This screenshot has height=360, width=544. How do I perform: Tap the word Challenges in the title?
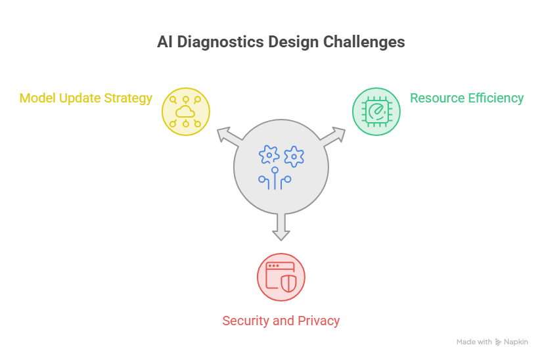coord(364,42)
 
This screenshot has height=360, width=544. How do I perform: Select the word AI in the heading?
coord(165,42)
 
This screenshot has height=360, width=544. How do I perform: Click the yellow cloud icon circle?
coord(186,112)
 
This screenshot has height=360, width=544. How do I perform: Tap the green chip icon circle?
coord(376,112)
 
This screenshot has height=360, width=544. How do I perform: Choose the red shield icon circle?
coord(281,277)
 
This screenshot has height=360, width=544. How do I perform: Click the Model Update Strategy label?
coord(85,99)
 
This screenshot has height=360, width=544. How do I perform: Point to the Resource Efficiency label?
coord(467,98)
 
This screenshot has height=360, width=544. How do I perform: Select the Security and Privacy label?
coord(281,321)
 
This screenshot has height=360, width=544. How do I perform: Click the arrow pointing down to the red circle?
coord(281,227)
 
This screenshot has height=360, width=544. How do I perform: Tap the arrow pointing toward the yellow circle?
coord(229,136)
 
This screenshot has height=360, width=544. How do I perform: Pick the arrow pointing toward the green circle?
coord(333,136)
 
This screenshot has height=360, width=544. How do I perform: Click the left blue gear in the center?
coord(269,155)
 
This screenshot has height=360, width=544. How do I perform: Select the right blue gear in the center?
coord(294,156)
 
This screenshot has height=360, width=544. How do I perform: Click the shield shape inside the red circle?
coord(288,284)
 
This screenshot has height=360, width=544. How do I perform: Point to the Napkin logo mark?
coord(498,342)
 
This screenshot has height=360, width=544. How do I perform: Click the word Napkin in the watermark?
coord(516,342)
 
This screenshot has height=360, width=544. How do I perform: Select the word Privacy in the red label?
coord(319,321)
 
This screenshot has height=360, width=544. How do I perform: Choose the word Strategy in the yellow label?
coord(128,99)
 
